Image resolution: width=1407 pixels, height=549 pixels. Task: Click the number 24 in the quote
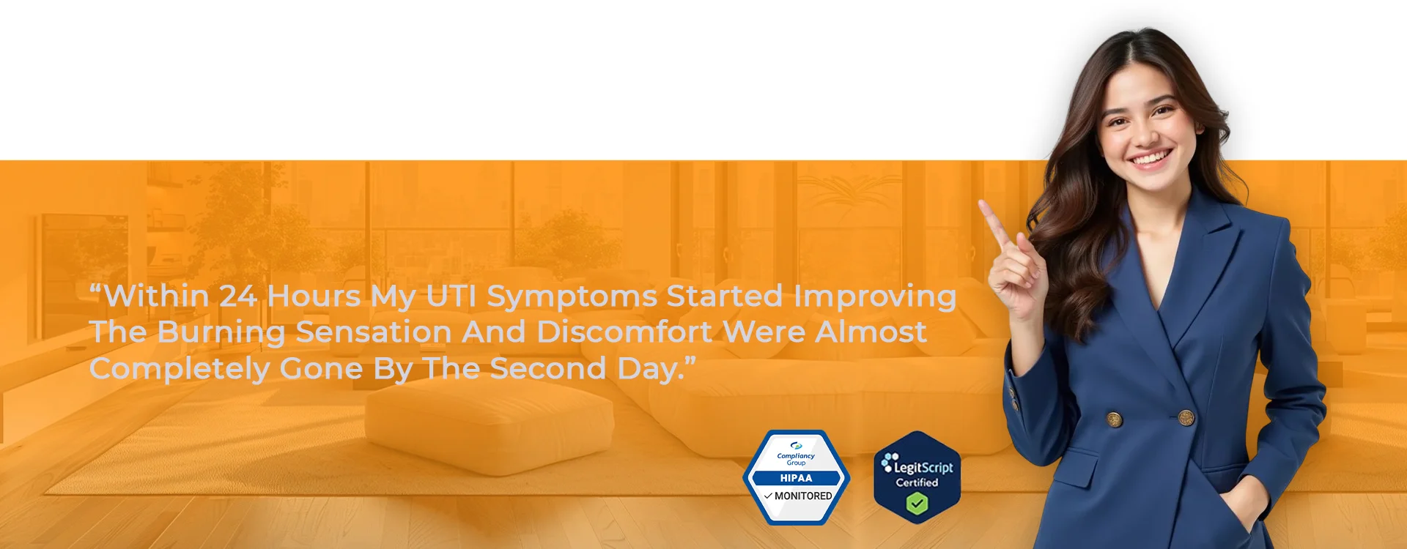click(238, 296)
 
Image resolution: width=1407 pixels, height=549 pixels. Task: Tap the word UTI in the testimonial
click(451, 296)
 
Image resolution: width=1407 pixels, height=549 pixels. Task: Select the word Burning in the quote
click(221, 333)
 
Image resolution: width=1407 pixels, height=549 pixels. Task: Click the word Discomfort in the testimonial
click(624, 332)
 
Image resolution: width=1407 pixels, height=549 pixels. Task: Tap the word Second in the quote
click(548, 368)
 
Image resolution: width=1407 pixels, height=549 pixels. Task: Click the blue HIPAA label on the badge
click(796, 478)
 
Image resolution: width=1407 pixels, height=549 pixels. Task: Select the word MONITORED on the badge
click(803, 496)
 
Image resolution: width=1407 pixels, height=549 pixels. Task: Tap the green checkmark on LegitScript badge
click(917, 504)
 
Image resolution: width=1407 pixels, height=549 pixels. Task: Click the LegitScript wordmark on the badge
click(923, 467)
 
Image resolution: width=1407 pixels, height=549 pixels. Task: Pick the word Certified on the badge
click(917, 482)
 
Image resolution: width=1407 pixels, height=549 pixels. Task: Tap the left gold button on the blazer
click(1114, 419)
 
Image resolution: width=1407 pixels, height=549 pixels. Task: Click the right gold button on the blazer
click(1186, 417)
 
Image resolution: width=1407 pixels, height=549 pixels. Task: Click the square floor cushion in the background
click(489, 425)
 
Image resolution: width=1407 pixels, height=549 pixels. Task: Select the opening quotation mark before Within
click(95, 289)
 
